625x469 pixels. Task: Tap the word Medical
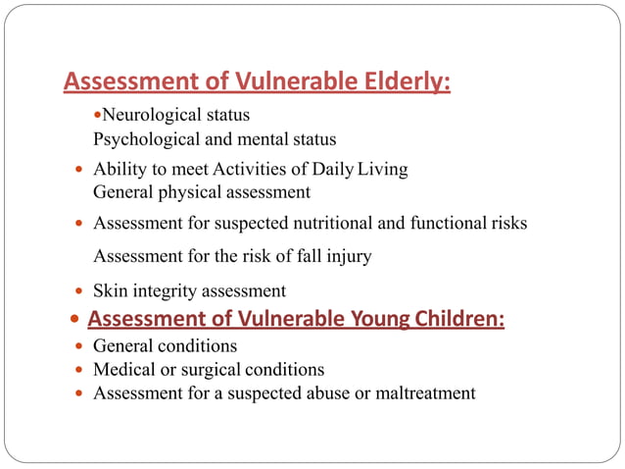122,370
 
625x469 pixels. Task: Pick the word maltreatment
423,393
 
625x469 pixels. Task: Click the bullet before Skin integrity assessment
78,291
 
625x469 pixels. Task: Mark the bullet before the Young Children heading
75,320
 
